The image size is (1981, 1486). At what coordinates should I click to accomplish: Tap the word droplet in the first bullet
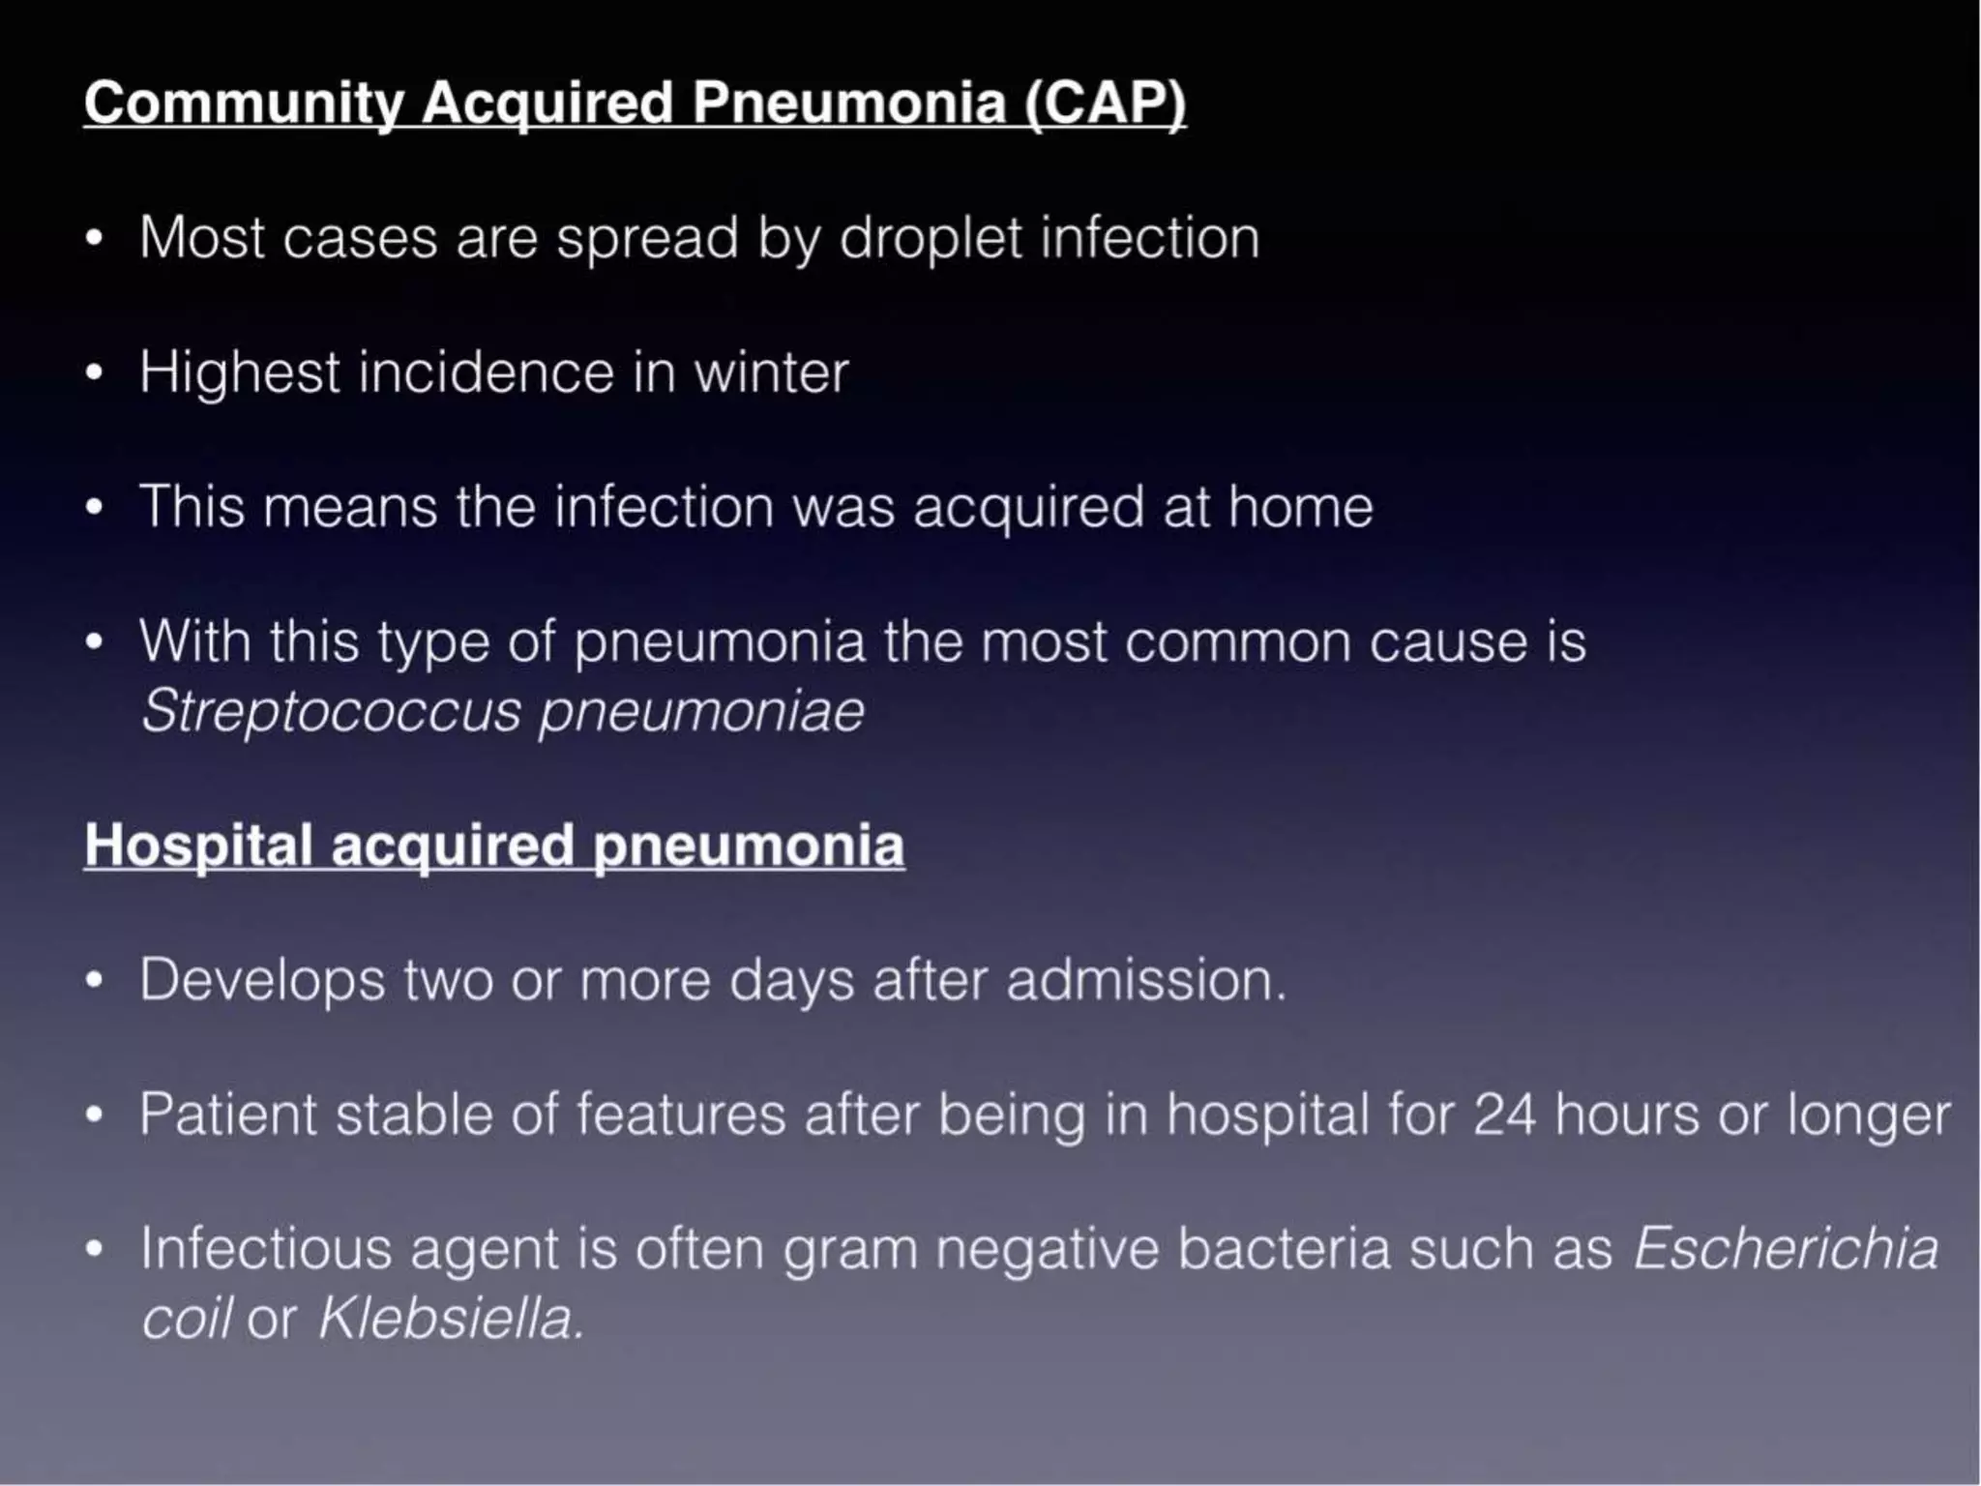click(x=930, y=238)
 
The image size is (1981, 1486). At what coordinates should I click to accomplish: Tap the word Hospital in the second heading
click(x=198, y=846)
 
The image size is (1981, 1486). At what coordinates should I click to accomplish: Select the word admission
click(x=1145, y=980)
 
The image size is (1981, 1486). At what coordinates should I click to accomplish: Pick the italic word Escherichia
click(x=1786, y=1249)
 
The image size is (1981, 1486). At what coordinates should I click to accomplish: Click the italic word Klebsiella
click(x=451, y=1318)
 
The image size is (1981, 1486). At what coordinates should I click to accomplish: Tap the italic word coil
click(x=187, y=1318)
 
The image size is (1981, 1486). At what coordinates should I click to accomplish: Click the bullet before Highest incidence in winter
click(x=94, y=373)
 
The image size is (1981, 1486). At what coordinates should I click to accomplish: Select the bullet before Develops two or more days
click(x=94, y=981)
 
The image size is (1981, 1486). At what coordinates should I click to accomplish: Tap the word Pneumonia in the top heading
click(x=848, y=103)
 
